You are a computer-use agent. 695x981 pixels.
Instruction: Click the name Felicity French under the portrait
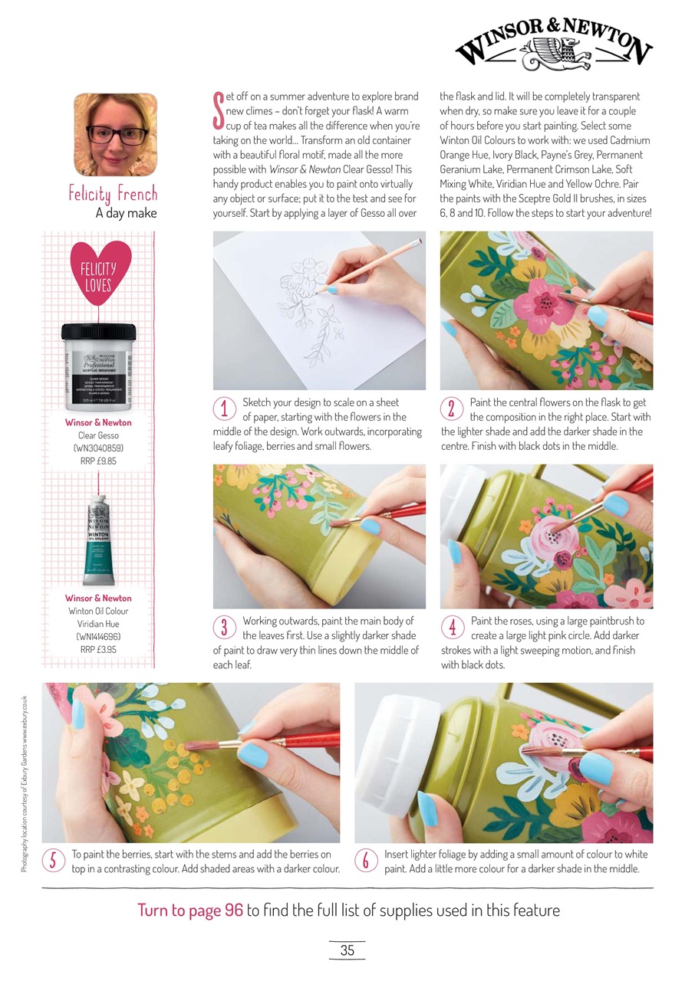(x=113, y=193)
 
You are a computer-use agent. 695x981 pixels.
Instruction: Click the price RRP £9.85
(x=98, y=461)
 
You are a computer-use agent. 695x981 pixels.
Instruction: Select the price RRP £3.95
(x=98, y=649)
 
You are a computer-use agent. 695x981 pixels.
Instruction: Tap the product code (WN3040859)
(x=98, y=448)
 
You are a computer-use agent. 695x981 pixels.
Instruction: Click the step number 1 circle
(x=224, y=408)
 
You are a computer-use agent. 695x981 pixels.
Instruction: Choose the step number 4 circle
(x=453, y=627)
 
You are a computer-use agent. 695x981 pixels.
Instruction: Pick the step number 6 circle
(x=366, y=861)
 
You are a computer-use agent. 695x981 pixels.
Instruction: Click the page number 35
(x=347, y=950)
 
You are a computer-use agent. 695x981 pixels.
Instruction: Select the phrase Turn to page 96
(x=190, y=910)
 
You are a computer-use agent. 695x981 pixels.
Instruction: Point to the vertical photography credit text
(x=25, y=783)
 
